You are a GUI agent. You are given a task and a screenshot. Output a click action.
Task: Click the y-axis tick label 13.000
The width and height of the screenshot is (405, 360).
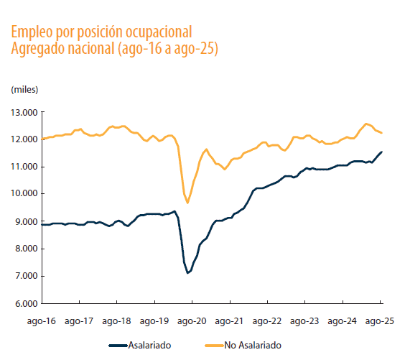tap(24, 112)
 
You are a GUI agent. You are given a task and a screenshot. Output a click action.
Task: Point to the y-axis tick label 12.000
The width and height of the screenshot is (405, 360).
tap(24, 139)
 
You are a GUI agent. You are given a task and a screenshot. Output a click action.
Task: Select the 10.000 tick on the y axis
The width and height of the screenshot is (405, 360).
tap(24, 194)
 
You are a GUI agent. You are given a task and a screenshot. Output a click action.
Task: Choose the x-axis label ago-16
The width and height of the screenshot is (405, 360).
tap(41, 323)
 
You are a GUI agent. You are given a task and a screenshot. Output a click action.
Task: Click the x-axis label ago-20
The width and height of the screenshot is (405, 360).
tap(192, 323)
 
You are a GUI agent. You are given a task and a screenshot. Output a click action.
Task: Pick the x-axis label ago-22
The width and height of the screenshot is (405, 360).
tap(267, 323)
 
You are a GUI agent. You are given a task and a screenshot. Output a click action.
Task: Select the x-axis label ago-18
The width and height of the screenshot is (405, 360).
tap(116, 323)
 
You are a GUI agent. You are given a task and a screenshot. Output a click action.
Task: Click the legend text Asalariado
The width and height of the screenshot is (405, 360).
tap(150, 346)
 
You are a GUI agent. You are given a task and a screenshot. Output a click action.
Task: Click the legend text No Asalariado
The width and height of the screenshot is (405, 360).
tap(253, 346)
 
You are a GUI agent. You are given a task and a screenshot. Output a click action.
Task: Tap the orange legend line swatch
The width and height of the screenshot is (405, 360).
tap(211, 346)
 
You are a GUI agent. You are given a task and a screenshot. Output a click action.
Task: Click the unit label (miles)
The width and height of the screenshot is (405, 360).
tap(24, 89)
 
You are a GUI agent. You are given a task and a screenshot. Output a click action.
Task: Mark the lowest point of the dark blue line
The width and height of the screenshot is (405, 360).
tap(187, 273)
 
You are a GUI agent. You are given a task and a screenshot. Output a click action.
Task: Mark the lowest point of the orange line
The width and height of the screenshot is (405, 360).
tap(187, 203)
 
